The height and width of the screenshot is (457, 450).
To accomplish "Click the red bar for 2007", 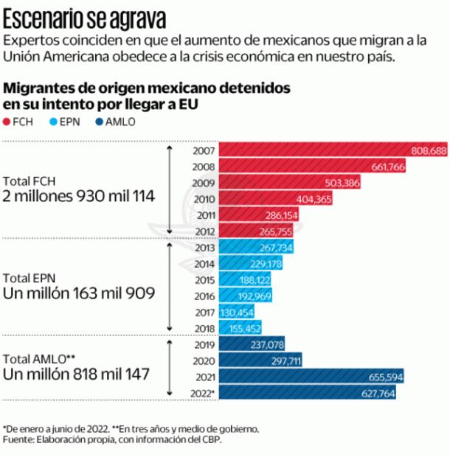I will point(332,150).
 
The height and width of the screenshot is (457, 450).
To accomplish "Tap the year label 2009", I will point(204,183).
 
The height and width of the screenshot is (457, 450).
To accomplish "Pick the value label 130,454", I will point(238,313).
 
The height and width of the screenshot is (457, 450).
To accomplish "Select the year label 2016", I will point(204,296).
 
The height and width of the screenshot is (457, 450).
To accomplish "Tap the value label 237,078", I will point(266,344).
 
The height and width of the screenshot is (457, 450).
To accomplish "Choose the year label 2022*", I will point(202,393).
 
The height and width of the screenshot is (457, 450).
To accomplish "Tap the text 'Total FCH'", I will point(30,181).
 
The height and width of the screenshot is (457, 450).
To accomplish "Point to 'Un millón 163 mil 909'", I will point(79,293).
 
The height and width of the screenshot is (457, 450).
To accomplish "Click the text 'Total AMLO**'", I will point(39,358).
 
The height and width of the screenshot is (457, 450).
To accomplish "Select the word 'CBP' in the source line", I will point(211,441).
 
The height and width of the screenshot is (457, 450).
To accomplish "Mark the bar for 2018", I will point(240,329).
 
